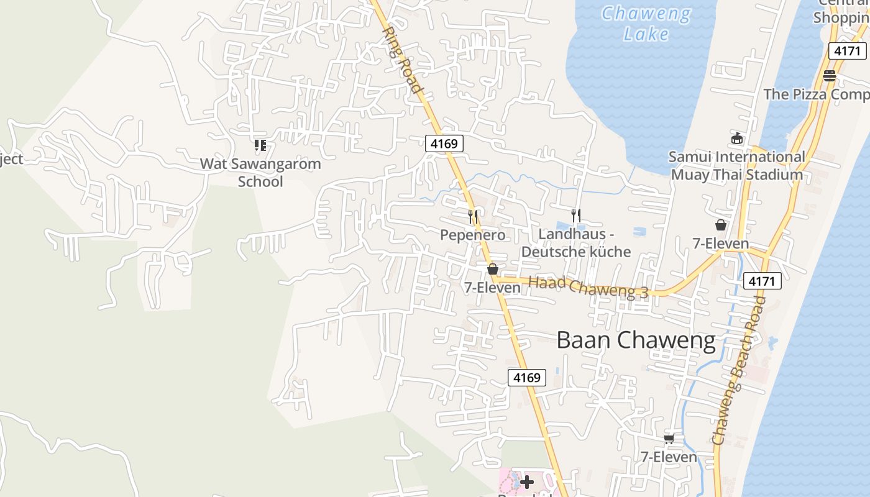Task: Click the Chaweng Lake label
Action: tap(646, 24)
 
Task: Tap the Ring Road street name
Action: tap(402, 59)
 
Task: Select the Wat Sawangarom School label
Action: tap(260, 173)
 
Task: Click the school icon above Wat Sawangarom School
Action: tap(260, 145)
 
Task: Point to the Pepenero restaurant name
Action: tap(472, 235)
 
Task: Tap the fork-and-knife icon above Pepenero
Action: tap(474, 216)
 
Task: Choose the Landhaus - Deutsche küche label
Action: tap(576, 243)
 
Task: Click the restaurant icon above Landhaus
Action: tap(576, 216)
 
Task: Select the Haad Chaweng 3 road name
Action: tap(588, 287)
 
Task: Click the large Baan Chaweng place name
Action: tap(636, 340)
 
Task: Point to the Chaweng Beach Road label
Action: tap(738, 370)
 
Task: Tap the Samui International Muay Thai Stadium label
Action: tap(737, 166)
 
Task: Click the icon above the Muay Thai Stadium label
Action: tap(737, 138)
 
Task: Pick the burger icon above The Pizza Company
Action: tap(829, 76)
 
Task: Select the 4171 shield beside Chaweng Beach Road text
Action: tap(762, 281)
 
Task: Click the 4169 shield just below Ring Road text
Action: tap(444, 144)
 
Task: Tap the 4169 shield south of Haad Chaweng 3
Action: tap(527, 377)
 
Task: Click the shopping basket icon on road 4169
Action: tap(493, 269)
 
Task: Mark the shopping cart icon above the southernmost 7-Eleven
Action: tap(669, 439)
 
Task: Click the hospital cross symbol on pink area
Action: tap(527, 481)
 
